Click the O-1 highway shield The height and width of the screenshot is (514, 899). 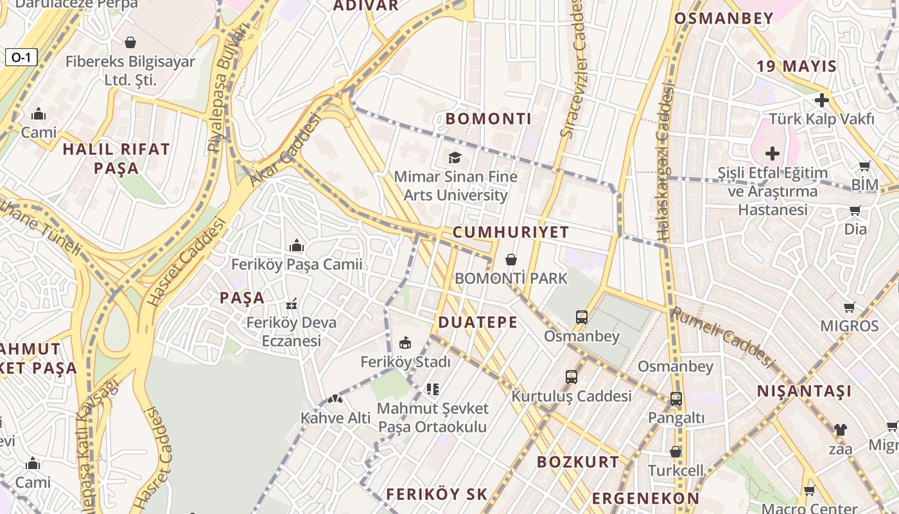tap(21, 57)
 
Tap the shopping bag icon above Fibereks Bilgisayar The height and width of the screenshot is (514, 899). tap(130, 42)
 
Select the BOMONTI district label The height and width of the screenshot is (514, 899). tap(488, 119)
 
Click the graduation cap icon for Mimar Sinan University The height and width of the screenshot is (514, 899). tap(455, 157)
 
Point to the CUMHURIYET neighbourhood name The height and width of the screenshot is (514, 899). tap(511, 233)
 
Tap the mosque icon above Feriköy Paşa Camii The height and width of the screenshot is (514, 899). tap(296, 245)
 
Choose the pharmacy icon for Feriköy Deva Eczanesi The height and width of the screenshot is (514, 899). tap(292, 303)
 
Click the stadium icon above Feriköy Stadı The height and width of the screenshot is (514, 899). tap(405, 343)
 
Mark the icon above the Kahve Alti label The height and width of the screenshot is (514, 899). tap(335, 399)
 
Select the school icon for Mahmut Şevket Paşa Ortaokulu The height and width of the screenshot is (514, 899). tap(432, 389)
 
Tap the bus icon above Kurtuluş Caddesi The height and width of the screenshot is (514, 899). tap(572, 377)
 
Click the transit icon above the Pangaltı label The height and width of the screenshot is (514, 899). tap(676, 399)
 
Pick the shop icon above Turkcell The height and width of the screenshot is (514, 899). tap(675, 452)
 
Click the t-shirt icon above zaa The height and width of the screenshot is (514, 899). tap(839, 429)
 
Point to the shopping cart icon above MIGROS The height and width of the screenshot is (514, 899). tap(849, 307)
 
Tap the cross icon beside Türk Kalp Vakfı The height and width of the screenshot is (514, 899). tap(821, 100)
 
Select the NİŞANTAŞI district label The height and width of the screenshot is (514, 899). tap(804, 391)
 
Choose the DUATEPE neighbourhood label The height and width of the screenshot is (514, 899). tap(478, 323)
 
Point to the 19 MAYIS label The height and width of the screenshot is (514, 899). tap(796, 66)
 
